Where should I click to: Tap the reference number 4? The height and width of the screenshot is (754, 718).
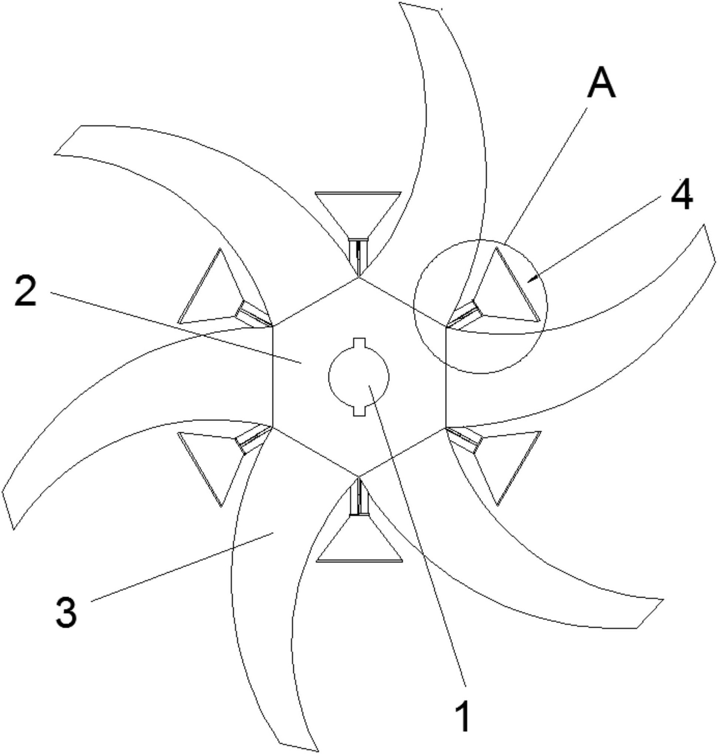[682, 195]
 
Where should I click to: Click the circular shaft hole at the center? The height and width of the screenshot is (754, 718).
[359, 376]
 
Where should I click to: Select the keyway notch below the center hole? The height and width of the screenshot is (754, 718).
[359, 411]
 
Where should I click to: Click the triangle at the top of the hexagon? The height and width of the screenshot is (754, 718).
[358, 215]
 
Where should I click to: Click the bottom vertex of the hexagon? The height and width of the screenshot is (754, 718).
[359, 477]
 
